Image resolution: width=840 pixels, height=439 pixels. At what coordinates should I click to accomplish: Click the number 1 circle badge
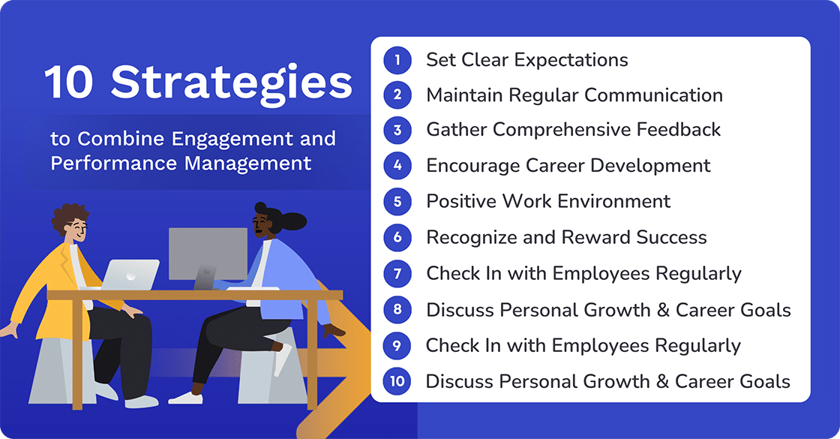coord(397,60)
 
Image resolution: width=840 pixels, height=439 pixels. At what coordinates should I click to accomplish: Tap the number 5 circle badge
coord(397,202)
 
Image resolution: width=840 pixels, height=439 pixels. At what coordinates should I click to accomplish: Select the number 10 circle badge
coord(397,381)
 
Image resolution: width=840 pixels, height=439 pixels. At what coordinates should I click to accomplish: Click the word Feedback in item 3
coord(679,130)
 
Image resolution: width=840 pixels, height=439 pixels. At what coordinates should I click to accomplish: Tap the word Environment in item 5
coord(613,202)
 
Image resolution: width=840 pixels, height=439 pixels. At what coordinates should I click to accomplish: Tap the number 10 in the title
coord(70,83)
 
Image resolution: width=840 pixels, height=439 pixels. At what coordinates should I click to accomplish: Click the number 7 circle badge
coord(397,274)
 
